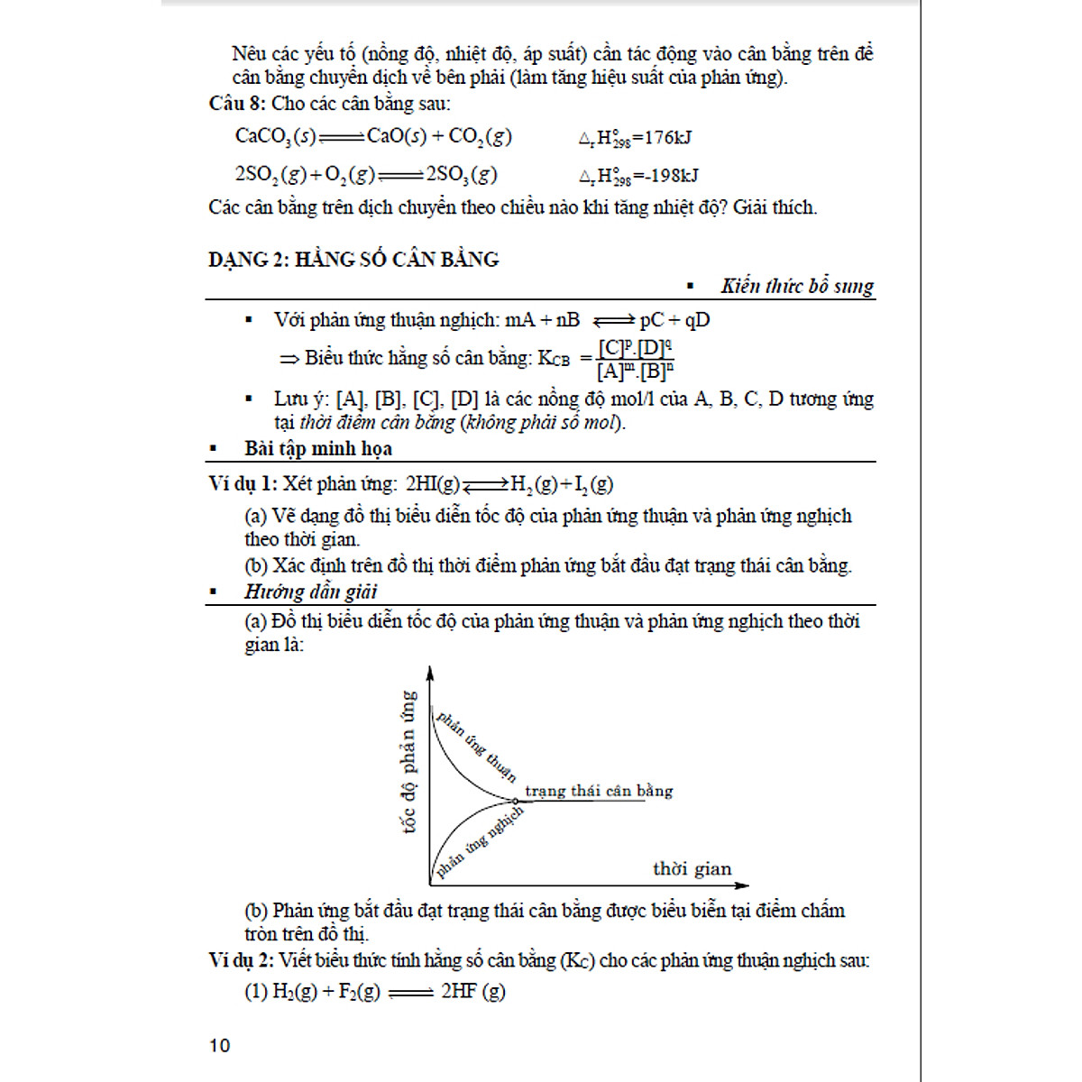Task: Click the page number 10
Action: click(219, 1046)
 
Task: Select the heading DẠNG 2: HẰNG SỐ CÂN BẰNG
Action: click(353, 260)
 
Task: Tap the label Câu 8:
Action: click(237, 104)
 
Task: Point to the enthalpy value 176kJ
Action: click(668, 138)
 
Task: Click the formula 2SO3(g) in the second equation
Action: click(461, 175)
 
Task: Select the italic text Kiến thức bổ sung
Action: click(797, 287)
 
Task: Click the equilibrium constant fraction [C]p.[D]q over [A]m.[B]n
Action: click(635, 359)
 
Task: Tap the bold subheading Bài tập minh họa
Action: click(317, 449)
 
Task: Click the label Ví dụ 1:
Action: click(243, 484)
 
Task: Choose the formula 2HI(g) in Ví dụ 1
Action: click(433, 484)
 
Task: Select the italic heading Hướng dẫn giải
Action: click(310, 592)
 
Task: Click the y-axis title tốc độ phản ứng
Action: click(408, 762)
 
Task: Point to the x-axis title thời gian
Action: click(692, 869)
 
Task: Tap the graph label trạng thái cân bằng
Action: click(599, 792)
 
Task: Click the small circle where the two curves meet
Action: click(513, 801)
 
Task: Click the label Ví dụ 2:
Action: click(241, 961)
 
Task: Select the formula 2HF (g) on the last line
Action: click(472, 992)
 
